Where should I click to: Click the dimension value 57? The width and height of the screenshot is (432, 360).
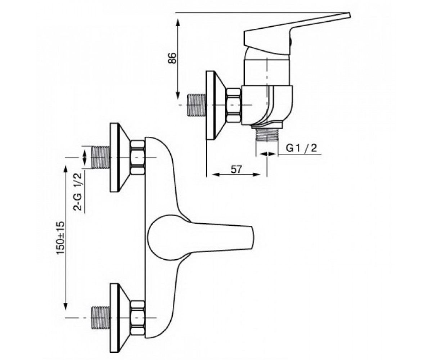tap(236, 170)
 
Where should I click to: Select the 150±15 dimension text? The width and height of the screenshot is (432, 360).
tap(60, 238)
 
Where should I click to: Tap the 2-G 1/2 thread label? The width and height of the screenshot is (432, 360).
tap(78, 192)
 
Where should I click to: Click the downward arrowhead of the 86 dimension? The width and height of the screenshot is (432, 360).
tap(178, 95)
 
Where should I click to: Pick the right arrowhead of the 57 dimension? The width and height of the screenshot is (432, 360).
tap(257, 174)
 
